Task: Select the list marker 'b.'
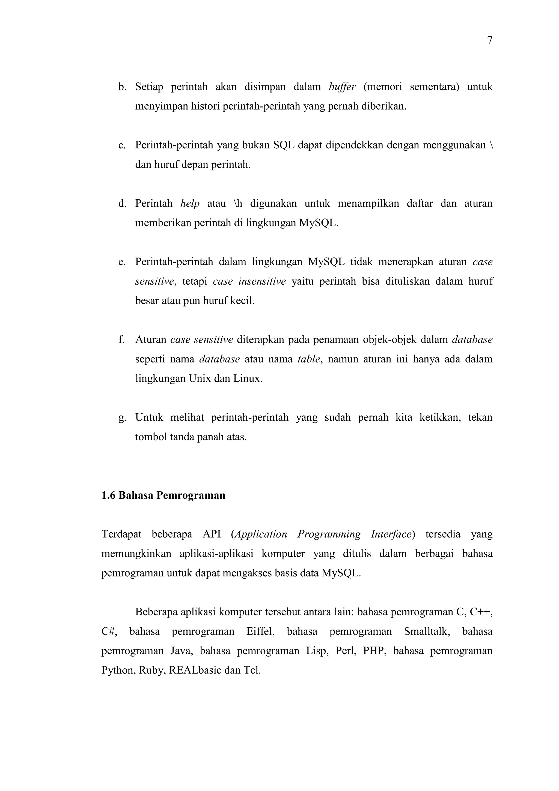pyautogui.click(x=122, y=87)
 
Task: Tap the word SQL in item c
pyautogui.click(x=284, y=145)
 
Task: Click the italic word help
pyautogui.click(x=190, y=203)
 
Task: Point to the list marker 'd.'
pyautogui.click(x=122, y=203)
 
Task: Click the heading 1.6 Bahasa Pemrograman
pyautogui.click(x=163, y=495)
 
